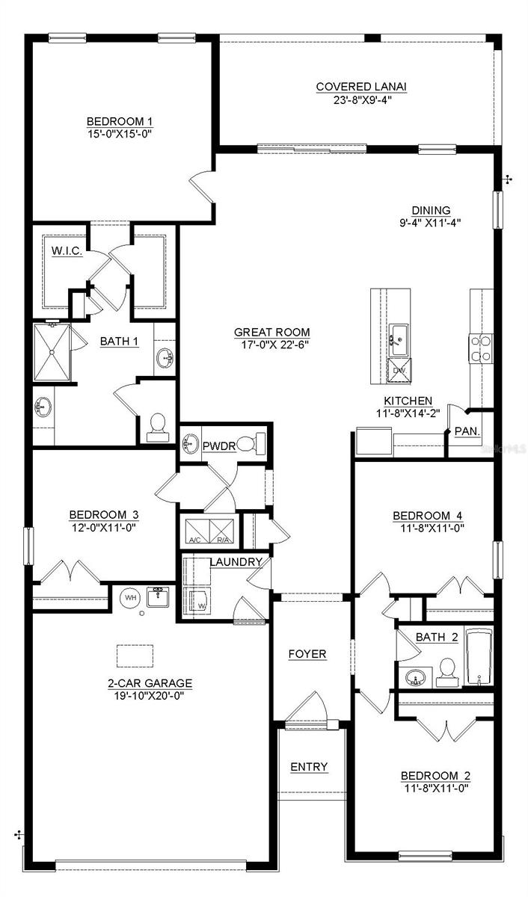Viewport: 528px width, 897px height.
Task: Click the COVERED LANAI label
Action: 361,87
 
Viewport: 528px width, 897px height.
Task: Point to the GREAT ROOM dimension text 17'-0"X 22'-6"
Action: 271,345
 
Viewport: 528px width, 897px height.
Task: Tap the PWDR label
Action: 219,446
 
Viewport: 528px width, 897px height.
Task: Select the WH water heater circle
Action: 130,598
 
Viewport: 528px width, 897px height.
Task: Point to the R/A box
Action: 222,530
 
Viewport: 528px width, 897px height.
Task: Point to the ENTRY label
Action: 309,768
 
